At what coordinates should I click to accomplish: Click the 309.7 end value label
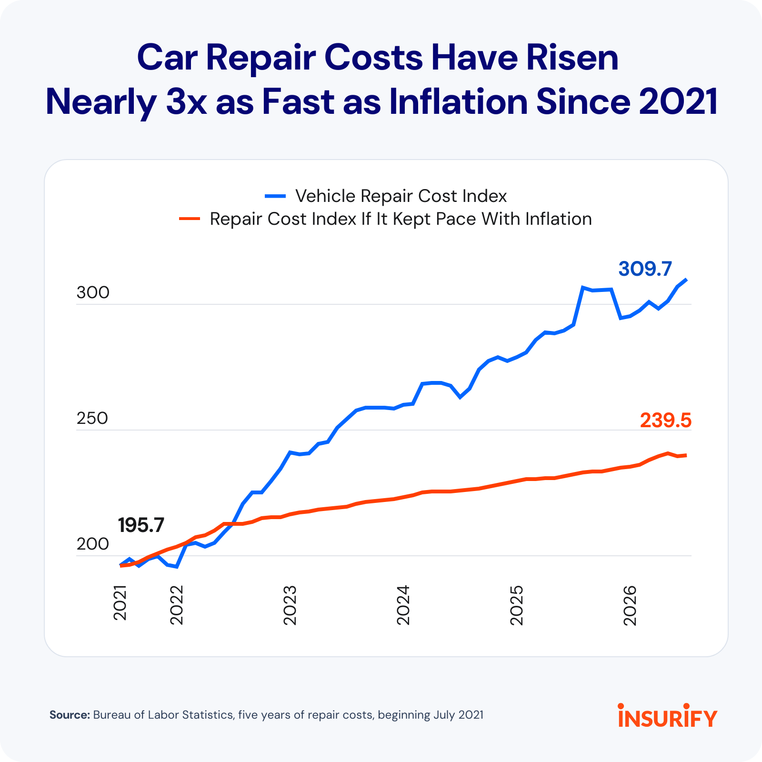point(645,269)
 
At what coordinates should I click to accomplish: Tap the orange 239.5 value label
point(665,421)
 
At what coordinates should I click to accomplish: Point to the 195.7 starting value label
point(141,525)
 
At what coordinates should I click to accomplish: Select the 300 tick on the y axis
point(93,293)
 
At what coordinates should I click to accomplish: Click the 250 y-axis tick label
point(92,419)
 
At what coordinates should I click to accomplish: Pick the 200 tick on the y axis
point(93,544)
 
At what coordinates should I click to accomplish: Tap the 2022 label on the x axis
point(177,605)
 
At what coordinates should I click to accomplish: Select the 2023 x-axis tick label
point(290,605)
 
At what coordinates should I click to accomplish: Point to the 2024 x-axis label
point(403,605)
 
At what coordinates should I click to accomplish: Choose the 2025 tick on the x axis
point(517,605)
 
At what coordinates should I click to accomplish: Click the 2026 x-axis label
point(630,605)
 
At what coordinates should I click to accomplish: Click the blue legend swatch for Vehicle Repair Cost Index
point(275,196)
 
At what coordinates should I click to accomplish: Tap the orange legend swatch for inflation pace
point(190,219)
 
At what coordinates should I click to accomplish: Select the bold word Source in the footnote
point(70,715)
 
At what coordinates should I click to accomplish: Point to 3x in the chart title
point(186,102)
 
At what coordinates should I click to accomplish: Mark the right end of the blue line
point(686,280)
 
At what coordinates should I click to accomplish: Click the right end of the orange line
point(686,455)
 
